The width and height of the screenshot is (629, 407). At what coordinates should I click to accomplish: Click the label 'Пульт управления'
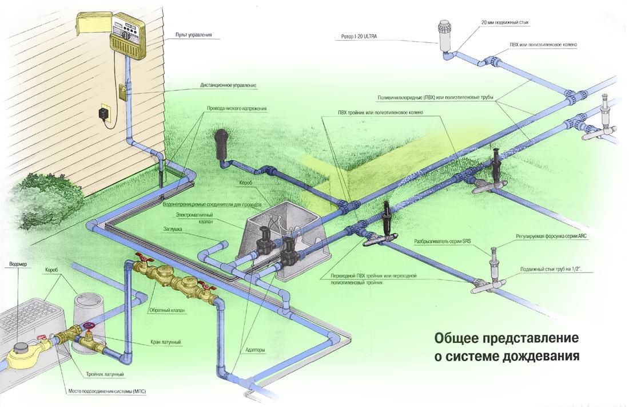tap(193, 35)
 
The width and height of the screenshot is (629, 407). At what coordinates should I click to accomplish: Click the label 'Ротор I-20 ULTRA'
tap(359, 37)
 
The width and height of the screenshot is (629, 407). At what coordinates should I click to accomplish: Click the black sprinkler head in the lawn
tap(221, 145)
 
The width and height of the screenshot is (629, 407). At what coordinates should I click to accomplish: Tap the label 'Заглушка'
tap(173, 229)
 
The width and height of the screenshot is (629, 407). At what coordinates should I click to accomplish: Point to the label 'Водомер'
tap(18, 264)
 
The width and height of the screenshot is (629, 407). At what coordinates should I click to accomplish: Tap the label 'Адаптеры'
tap(255, 350)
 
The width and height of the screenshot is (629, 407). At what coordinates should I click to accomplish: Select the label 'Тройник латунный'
tap(105, 374)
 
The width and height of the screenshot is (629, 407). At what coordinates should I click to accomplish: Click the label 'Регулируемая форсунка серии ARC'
tap(551, 236)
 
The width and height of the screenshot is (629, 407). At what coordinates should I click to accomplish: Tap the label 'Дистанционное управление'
tap(228, 85)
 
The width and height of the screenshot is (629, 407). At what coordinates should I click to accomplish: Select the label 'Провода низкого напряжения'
tap(237, 109)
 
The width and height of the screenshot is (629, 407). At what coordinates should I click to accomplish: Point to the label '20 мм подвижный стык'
tap(505, 22)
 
